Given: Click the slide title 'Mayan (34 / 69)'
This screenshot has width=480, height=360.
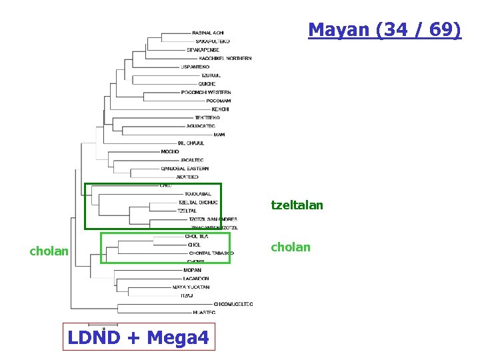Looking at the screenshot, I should [x=385, y=30].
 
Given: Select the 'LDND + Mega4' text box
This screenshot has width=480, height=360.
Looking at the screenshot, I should [x=138, y=338].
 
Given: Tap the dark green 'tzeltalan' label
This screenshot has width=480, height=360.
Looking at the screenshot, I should [x=297, y=205].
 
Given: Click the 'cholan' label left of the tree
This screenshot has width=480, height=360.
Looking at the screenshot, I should [x=49, y=251].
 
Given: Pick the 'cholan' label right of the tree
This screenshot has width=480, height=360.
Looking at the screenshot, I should [x=290, y=247].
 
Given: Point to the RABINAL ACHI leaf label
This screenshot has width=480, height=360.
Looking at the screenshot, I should [x=208, y=33].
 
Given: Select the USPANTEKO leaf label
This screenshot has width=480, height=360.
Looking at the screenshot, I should [x=195, y=67].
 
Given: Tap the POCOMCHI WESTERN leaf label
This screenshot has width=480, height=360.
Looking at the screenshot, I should [x=215, y=93].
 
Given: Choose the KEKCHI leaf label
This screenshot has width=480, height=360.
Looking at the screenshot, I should [x=220, y=109].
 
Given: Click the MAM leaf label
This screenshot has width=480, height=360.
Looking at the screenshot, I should [x=219, y=135].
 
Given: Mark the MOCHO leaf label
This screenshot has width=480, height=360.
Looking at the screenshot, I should [x=170, y=152].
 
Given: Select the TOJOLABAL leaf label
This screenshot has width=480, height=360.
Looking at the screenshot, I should [x=197, y=194].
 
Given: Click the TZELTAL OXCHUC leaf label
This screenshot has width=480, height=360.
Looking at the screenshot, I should [x=198, y=203].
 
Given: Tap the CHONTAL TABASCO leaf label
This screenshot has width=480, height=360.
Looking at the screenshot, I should [x=211, y=253].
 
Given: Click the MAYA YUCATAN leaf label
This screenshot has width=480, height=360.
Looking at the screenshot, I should [x=191, y=287].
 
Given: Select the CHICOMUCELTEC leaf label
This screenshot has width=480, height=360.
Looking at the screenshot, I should [x=233, y=304].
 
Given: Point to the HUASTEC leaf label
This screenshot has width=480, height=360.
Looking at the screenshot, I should [x=203, y=312].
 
